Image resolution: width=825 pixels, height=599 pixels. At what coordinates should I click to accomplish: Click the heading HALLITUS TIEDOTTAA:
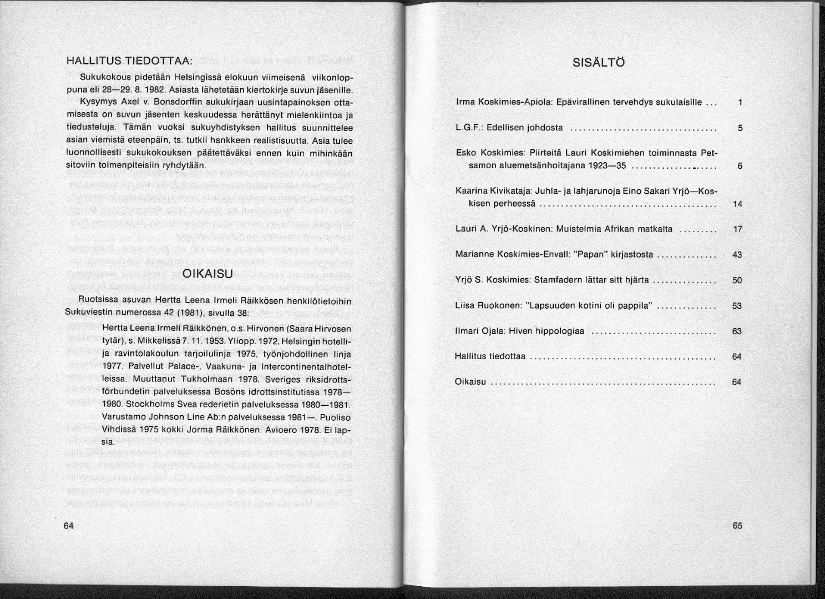coord(129,60)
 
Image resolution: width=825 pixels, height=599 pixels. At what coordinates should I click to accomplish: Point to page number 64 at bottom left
coord(69,526)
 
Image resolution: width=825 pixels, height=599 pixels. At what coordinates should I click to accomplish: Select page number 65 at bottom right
coord(737,526)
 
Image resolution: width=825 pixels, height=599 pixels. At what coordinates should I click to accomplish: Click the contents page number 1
coord(740,103)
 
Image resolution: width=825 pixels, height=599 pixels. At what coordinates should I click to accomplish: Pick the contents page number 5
coord(740,128)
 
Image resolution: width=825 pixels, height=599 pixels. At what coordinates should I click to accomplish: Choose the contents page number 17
coord(737,229)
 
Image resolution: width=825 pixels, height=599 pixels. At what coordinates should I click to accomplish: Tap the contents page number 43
coord(737,255)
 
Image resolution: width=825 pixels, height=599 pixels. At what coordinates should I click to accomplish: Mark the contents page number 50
coord(737,280)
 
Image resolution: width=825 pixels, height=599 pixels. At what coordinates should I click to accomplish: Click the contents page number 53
coord(737,306)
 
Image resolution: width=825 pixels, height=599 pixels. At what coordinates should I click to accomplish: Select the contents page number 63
coord(737,331)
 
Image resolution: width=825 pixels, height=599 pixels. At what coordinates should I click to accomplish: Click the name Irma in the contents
coord(464,103)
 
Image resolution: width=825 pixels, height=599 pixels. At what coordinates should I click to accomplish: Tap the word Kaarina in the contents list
coord(470,192)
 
